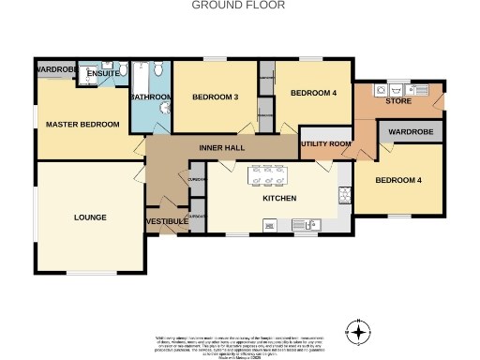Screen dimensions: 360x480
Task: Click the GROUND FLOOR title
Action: click(238, 6)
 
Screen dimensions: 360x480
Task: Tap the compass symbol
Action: click(357, 331)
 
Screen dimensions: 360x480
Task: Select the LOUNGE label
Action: click(90, 217)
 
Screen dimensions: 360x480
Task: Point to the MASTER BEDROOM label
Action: click(83, 125)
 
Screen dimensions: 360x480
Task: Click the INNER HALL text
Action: click(222, 149)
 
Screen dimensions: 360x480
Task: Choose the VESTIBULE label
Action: click(166, 221)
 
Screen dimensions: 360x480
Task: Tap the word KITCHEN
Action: click(278, 199)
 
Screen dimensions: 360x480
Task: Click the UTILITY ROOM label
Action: click(325, 143)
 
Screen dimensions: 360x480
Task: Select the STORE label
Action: click(398, 100)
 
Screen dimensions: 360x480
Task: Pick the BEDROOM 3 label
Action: click(216, 97)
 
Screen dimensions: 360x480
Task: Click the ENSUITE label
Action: click(102, 73)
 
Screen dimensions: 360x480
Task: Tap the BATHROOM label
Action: click(151, 97)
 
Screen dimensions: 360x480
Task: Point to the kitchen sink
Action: click(306, 224)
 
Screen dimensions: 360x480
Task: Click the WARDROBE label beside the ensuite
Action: click(55, 70)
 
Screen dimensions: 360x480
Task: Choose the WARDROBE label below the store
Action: click(411, 132)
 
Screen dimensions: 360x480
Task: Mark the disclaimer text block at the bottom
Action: click(239, 344)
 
